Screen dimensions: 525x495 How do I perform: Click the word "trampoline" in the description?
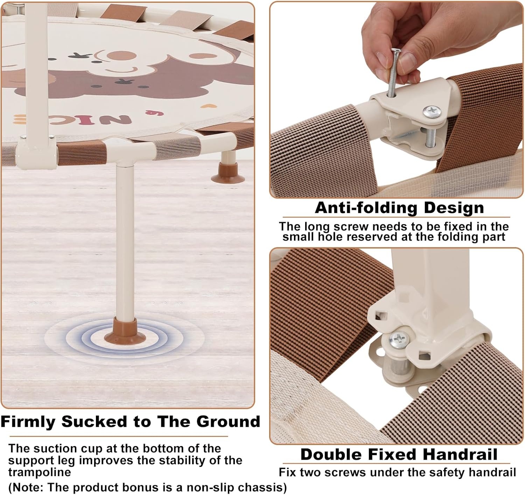(x=40, y=472)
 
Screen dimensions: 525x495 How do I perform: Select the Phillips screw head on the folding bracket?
(x=432, y=112)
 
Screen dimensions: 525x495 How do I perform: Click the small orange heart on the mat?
(x=209, y=106)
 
